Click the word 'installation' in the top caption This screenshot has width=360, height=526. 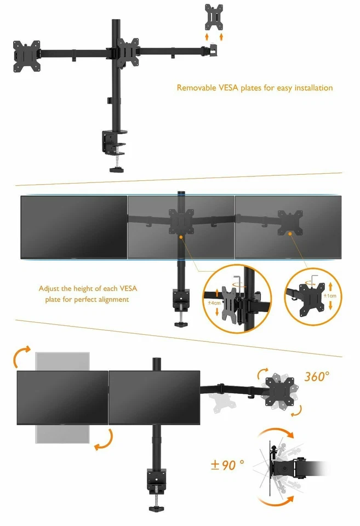pyautogui.click(x=310, y=88)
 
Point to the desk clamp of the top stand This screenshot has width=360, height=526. pyautogui.click(x=114, y=144)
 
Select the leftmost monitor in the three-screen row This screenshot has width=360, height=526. pyautogui.click(x=74, y=227)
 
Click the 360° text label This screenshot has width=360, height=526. pyautogui.click(x=317, y=376)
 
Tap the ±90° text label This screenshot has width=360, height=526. pyautogui.click(x=227, y=465)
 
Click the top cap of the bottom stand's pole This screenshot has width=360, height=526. pyautogui.click(x=156, y=361)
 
